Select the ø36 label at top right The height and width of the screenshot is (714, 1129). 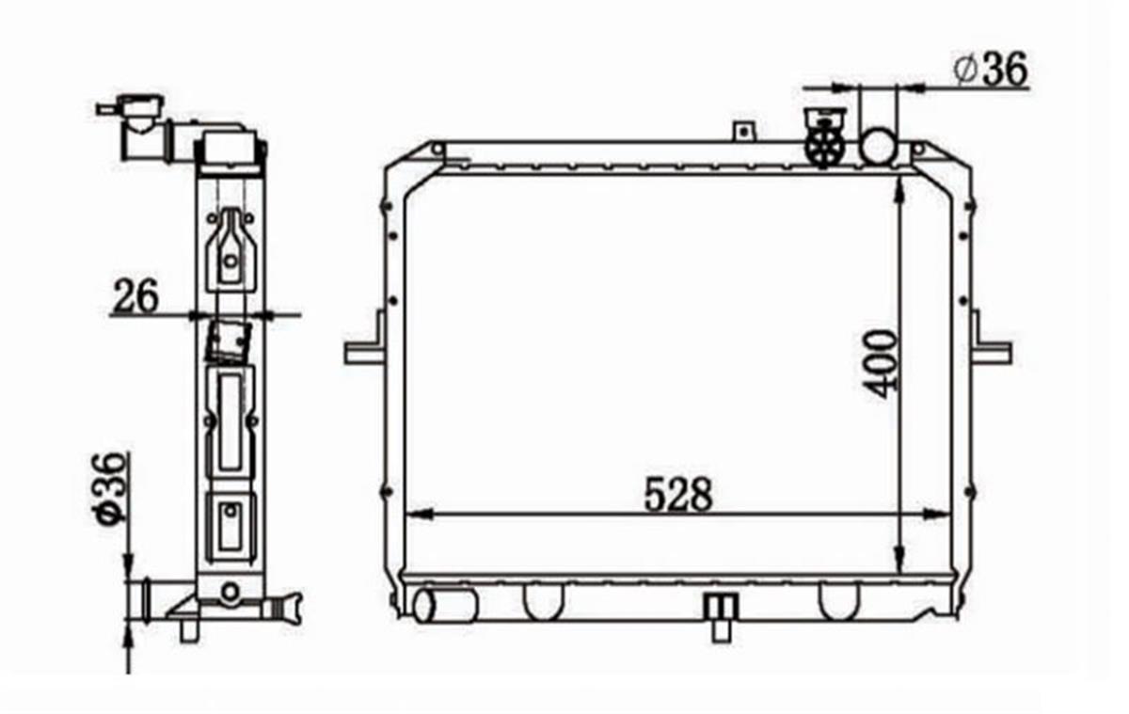pos(991,70)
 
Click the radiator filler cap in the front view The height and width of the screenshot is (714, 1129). pos(824,137)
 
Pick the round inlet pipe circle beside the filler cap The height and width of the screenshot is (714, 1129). pos(879,145)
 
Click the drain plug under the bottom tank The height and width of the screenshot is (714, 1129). pos(722,617)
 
